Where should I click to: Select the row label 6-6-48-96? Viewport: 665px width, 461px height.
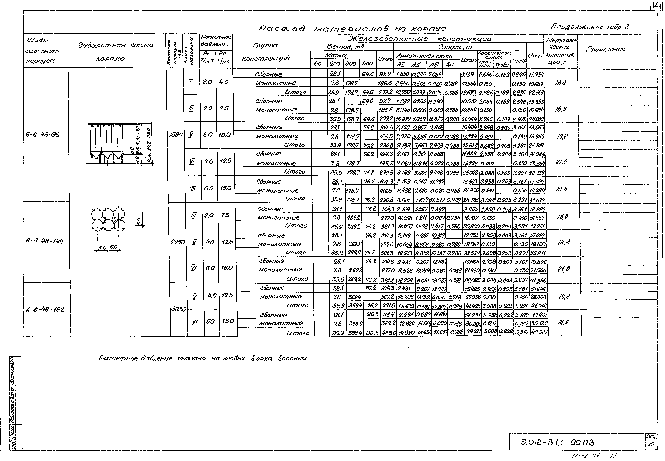tap(42, 135)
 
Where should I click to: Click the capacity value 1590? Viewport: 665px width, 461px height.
tap(176, 135)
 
